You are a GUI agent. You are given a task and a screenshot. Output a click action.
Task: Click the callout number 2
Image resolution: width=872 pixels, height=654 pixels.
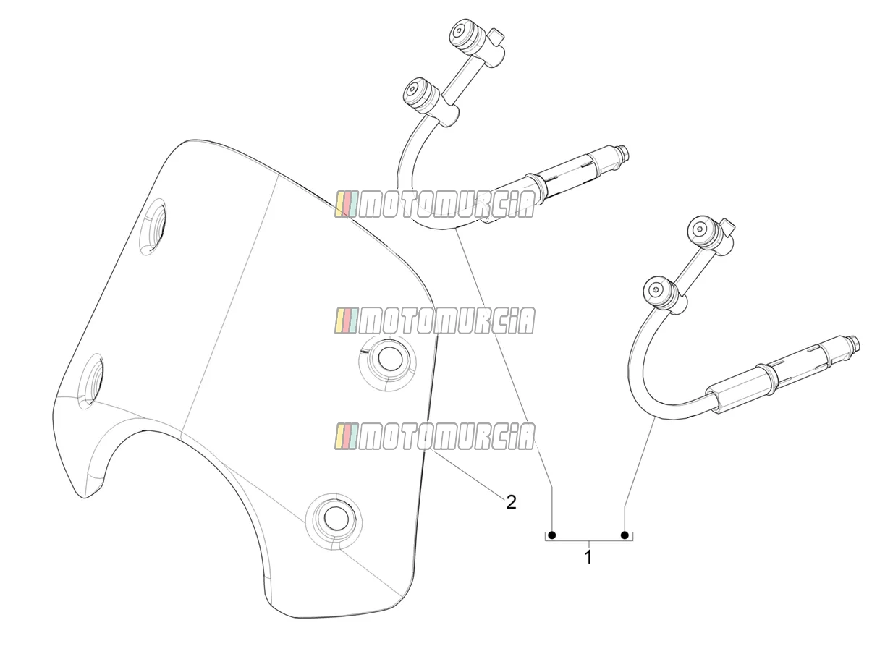click(511, 503)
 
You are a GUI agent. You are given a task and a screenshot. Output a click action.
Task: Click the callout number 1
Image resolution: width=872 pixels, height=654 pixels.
click(588, 558)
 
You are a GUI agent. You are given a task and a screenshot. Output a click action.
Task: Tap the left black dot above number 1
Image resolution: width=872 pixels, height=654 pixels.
click(551, 535)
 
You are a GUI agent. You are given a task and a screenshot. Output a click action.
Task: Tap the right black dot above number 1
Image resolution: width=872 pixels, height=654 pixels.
click(625, 535)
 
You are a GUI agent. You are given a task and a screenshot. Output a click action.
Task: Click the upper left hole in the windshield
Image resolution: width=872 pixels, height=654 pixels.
click(153, 226)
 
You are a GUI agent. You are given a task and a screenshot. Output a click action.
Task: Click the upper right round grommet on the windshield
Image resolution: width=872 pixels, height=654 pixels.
click(387, 359)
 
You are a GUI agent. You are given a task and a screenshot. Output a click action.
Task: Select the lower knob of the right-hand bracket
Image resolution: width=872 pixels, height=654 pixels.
click(657, 292)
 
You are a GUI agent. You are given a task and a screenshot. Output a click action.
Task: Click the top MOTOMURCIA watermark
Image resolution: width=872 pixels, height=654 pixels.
click(434, 204)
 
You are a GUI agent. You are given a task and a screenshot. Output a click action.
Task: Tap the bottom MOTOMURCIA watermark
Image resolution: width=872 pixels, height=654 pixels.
click(434, 436)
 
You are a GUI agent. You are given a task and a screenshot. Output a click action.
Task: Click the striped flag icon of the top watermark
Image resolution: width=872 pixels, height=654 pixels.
click(347, 204)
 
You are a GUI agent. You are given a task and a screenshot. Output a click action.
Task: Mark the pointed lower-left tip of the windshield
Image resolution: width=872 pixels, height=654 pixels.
click(85, 498)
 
